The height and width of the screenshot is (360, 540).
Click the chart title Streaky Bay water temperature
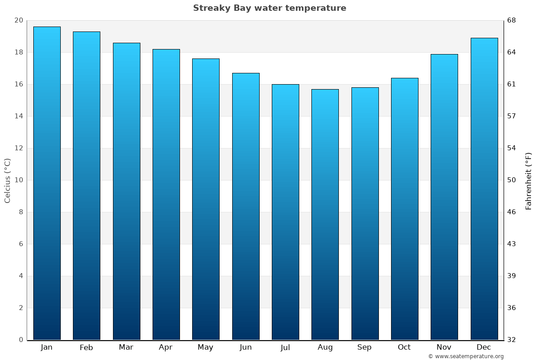tap(270, 8)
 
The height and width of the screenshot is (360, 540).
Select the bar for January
tap(47, 183)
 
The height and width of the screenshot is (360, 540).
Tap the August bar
tap(325, 214)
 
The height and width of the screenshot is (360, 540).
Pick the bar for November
tap(444, 197)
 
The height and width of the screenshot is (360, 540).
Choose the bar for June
tap(246, 206)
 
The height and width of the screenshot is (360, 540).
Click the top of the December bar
tap(484, 39)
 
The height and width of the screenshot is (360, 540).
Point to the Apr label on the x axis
tap(166, 347)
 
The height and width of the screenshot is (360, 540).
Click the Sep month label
tap(364, 347)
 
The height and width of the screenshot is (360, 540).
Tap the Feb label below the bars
tap(86, 347)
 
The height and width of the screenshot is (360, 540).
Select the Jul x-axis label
tap(285, 347)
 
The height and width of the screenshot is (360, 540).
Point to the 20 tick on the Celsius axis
tap(18, 20)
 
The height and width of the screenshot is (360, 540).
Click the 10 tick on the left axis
tap(18, 180)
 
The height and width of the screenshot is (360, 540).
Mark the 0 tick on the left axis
tap(21, 340)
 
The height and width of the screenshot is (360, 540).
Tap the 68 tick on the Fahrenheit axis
tap(512, 20)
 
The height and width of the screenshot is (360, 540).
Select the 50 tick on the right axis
tap(512, 180)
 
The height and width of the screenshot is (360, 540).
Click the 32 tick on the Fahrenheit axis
tap(512, 340)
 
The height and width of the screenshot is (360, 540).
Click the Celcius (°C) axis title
tap(7, 180)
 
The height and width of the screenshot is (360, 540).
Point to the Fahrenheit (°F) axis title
tap(529, 180)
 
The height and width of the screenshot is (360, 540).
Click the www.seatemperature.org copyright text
tap(466, 356)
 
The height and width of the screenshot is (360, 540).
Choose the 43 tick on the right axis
tap(512, 244)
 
